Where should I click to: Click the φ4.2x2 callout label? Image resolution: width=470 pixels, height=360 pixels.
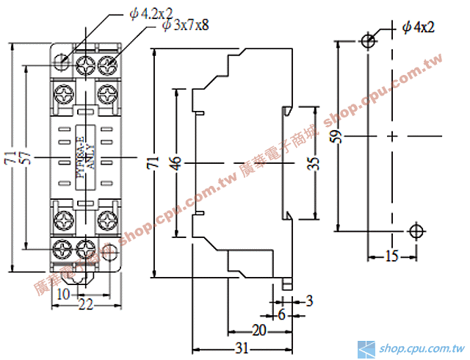click(151, 13)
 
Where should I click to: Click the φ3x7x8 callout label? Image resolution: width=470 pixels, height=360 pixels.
click(186, 26)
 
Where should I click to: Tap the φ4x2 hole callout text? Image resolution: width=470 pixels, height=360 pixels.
click(419, 27)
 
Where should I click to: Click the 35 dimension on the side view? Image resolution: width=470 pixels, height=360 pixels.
click(314, 163)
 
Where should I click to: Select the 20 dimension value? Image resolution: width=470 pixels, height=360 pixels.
click(259, 329)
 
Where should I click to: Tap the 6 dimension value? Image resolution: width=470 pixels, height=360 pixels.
click(281, 314)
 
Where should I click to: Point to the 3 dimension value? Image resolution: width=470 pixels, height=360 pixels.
click(309, 300)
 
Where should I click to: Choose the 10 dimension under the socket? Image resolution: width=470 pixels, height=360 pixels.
click(64, 293)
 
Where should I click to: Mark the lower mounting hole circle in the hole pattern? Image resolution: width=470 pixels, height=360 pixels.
click(416, 231)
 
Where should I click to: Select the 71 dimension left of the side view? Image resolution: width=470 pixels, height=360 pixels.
click(153, 163)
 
